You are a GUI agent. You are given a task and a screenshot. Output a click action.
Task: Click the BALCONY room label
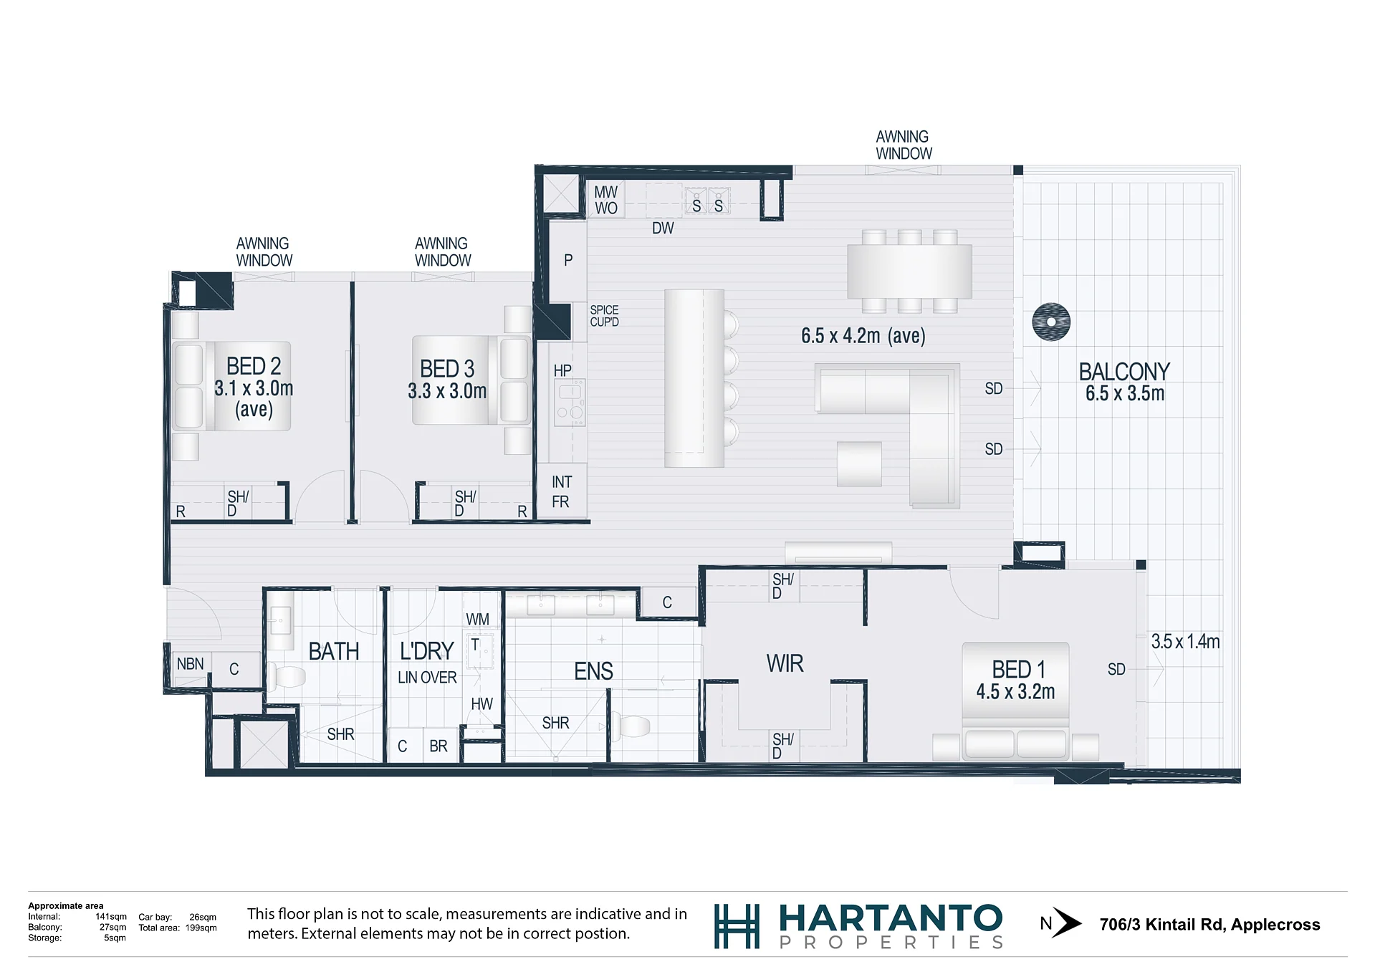tap(1124, 372)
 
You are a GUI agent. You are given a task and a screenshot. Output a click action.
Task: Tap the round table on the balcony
tap(1051, 322)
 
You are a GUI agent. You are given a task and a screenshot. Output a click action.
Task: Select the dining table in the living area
tap(909, 271)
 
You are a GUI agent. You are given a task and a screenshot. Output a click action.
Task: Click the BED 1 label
tap(1018, 669)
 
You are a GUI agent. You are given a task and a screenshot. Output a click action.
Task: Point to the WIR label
tap(785, 663)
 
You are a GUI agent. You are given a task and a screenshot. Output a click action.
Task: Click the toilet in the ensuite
tap(631, 726)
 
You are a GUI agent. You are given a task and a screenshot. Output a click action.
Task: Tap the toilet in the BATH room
tap(287, 676)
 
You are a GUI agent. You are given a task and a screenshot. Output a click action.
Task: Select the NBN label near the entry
tap(190, 664)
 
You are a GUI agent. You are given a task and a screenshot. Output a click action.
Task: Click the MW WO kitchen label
tap(605, 200)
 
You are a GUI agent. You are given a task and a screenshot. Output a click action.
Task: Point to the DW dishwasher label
tap(663, 228)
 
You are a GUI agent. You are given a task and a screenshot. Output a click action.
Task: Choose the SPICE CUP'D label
tap(604, 316)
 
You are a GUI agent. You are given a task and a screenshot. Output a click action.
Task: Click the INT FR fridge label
tap(561, 492)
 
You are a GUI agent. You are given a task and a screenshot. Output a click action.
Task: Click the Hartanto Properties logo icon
tap(737, 926)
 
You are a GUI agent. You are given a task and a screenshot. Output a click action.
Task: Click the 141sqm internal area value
tap(111, 917)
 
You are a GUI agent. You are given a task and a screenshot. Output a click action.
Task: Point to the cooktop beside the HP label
tap(570, 403)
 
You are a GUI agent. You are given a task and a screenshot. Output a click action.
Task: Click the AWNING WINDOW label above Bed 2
tap(264, 252)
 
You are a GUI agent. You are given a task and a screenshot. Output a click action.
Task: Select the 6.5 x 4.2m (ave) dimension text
tap(863, 335)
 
